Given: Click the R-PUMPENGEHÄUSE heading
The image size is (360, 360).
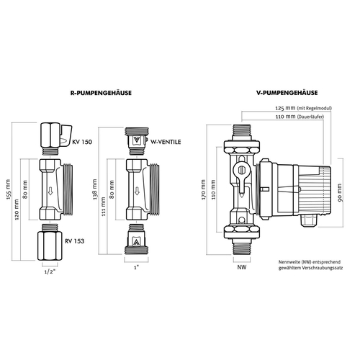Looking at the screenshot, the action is click(101, 93).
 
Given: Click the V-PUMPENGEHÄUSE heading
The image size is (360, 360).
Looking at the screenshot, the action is click(287, 93).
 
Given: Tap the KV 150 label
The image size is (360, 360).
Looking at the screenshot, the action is click(82, 142).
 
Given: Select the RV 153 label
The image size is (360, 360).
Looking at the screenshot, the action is click(75, 241).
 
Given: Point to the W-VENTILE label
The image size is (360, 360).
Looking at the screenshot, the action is click(166, 142).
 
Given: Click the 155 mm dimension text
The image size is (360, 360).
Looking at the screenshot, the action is click(9, 189).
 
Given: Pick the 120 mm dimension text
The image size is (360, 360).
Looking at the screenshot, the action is click(17, 210).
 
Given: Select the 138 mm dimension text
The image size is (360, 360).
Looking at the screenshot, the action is click(95, 189).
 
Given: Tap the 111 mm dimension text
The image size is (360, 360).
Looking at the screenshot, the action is click(104, 207).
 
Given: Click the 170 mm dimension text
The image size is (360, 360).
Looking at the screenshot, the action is click(204, 189).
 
